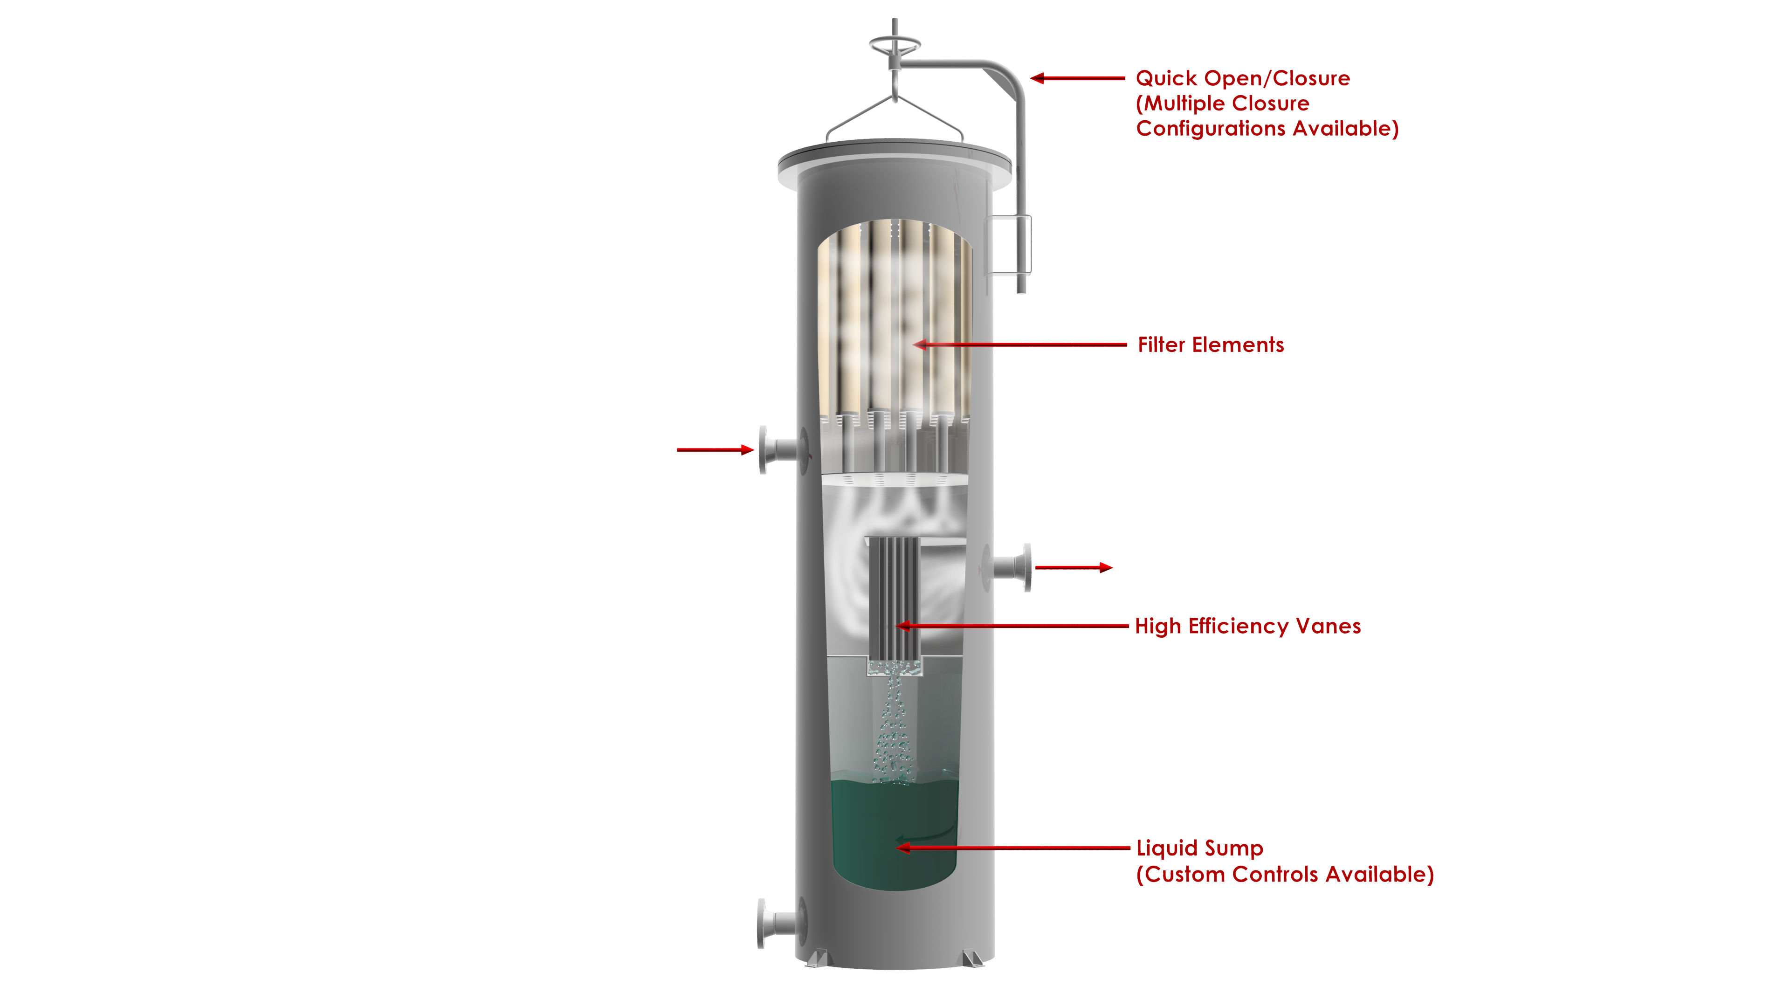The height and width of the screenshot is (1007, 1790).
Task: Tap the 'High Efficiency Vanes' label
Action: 1247,626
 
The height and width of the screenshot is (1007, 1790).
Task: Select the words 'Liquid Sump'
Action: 1199,848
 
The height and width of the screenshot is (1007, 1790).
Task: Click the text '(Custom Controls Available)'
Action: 1285,874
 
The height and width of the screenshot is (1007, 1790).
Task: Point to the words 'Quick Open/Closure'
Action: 1242,78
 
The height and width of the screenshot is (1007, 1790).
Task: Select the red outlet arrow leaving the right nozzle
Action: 1074,568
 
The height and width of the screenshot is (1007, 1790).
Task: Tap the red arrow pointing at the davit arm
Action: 1077,78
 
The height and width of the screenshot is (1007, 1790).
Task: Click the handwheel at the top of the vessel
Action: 895,45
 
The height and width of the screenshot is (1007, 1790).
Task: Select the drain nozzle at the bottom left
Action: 783,923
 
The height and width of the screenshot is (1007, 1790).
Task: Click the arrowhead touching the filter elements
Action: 920,344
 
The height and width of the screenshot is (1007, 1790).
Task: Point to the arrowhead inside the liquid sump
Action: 902,848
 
